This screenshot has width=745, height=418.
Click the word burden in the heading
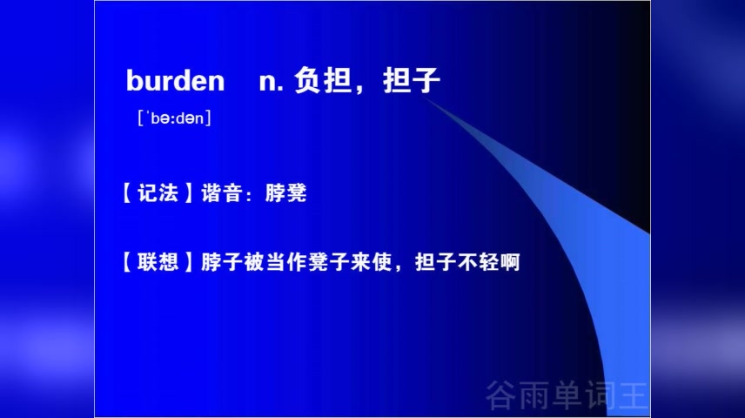point(175,81)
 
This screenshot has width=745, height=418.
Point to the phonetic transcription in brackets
point(174,118)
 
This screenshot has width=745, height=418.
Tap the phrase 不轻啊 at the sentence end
point(488,260)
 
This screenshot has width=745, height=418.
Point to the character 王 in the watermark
point(634,395)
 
